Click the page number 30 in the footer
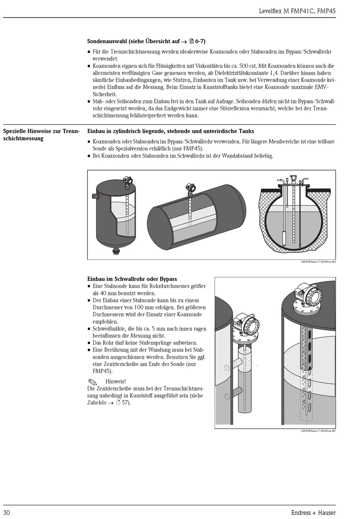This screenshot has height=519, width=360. pos(7,513)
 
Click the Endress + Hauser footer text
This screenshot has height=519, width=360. pos(313,513)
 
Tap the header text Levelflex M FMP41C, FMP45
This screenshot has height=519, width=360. pos(297,11)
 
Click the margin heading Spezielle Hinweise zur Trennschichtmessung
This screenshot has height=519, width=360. pos(41,135)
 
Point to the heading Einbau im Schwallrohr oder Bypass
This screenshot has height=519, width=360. pos(132,279)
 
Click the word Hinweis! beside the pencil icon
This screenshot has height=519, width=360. pos(116,381)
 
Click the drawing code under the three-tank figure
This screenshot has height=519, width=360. pos(318,262)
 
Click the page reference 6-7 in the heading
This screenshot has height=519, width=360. pos(200,41)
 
